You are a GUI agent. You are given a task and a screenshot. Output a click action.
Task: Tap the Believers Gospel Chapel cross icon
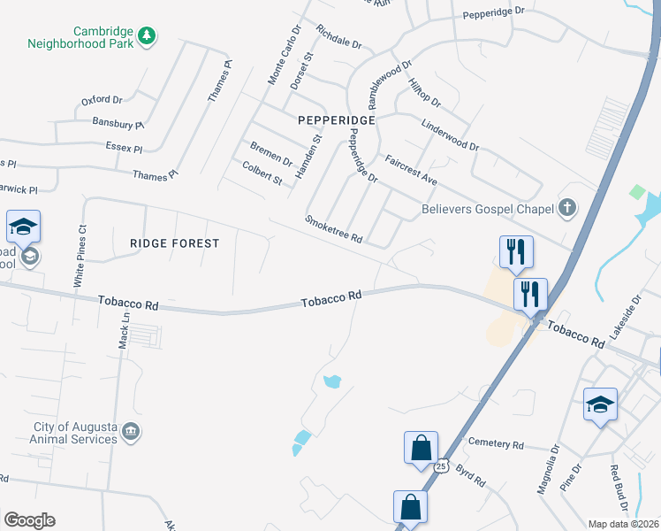[x=566, y=209]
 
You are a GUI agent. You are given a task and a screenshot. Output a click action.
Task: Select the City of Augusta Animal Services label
[x=75, y=433]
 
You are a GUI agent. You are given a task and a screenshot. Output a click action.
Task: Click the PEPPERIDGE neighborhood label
[x=337, y=119]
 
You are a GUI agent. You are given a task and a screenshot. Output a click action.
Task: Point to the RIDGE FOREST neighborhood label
[x=174, y=242]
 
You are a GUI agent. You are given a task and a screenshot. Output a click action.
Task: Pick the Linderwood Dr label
[x=450, y=135]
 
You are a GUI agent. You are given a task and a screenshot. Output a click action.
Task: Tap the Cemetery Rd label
[x=497, y=444]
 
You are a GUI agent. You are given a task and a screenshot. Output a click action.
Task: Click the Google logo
[x=29, y=520]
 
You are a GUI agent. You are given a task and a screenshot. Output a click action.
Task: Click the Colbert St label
[x=262, y=173]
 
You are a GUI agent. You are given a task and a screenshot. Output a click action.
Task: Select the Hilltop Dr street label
[x=424, y=93]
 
